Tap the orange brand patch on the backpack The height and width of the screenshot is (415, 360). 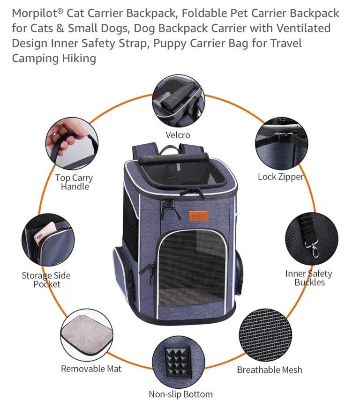coord(199,216)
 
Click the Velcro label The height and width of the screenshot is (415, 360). coord(178,135)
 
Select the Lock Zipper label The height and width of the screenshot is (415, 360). coord(280,177)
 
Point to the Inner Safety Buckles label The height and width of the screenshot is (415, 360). coord(309,278)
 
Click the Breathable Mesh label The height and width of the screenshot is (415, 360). coord(270,370)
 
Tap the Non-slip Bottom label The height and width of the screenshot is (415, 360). coord(180,394)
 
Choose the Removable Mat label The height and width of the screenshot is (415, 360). coord(91,369)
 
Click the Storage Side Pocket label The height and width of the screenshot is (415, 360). coord(46,280)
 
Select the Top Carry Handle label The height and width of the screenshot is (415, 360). coord(74,182)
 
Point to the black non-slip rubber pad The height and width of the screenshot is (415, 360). coord(178,359)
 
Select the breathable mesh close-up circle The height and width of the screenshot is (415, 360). coord(265,334)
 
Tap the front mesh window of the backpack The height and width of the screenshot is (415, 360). coord(192,268)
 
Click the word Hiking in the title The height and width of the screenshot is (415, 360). coord(79,59)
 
